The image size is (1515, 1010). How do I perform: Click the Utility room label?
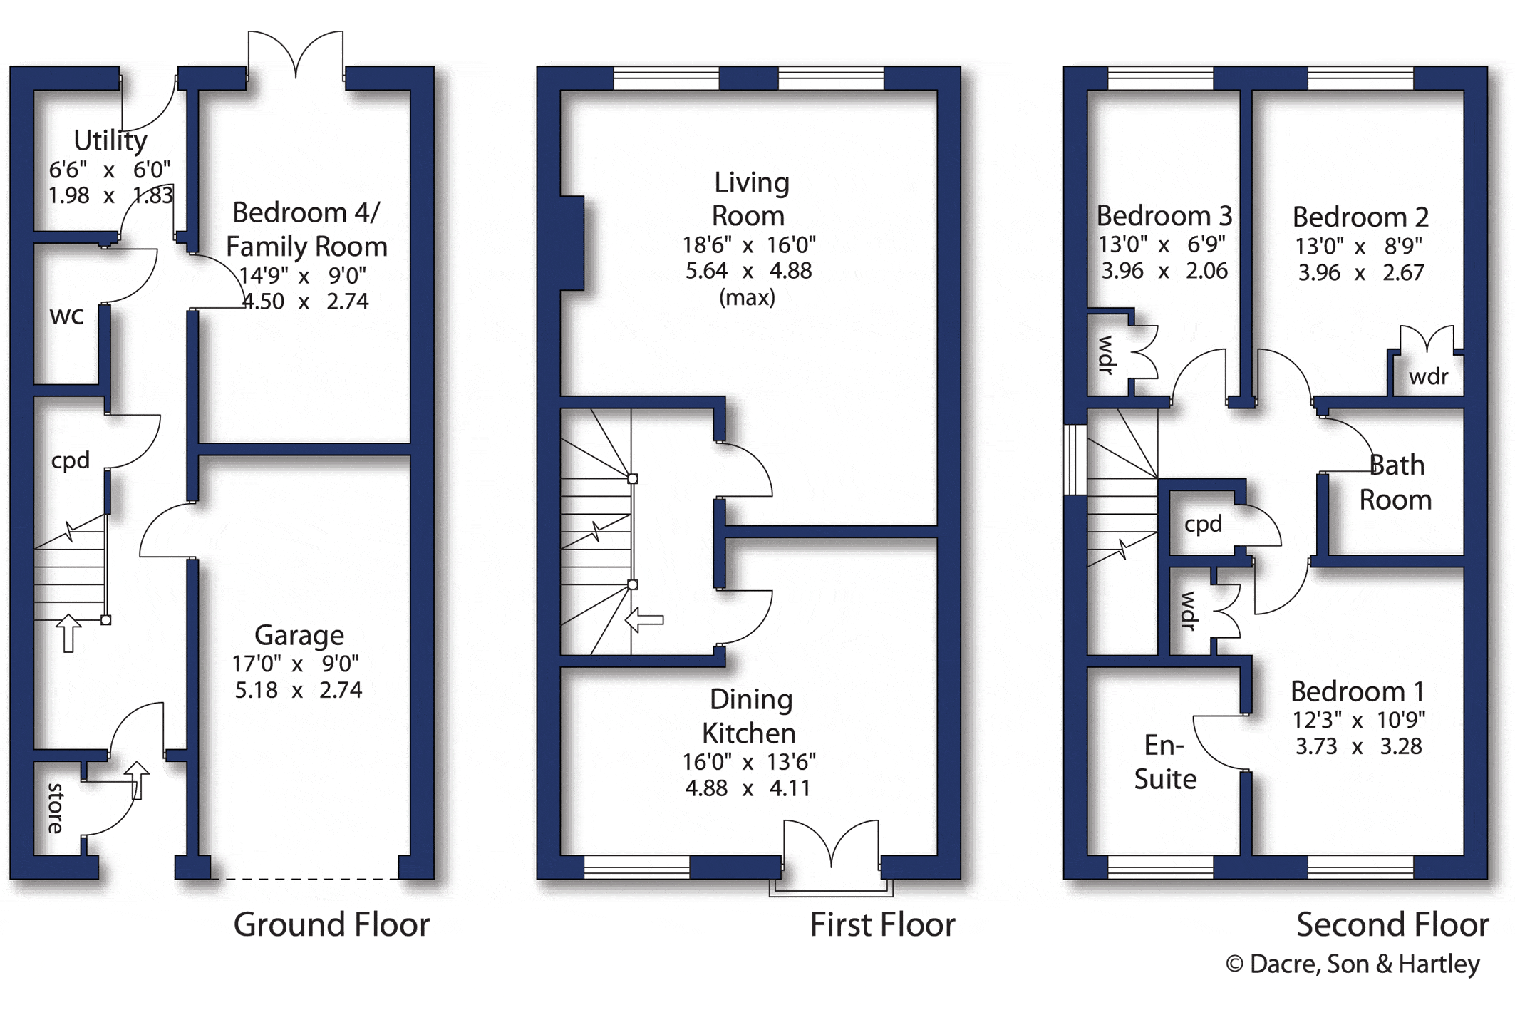pos(110,141)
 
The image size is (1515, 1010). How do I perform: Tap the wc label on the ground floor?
pos(67,316)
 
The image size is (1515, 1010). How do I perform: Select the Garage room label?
pos(299,634)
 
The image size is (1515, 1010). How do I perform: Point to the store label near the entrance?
pos(56,808)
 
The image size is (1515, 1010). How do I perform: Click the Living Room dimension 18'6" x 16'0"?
pos(749,245)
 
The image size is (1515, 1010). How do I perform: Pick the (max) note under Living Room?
pos(747,297)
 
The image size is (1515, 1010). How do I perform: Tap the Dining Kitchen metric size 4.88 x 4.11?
pos(748,788)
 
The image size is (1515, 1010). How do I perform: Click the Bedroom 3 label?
pos(1164,215)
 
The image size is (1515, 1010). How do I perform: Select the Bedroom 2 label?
pos(1360,217)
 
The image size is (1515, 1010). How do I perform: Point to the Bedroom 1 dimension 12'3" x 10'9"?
pos(1359,720)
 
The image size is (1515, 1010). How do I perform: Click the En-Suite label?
pos(1165,762)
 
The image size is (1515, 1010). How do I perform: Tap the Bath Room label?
pos(1395,483)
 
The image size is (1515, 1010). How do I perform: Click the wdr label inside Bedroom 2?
pos(1429,376)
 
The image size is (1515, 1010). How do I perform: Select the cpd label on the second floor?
pos(1203,525)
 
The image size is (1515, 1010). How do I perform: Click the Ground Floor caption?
pos(331,924)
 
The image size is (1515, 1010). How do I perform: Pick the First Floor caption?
pos(882,925)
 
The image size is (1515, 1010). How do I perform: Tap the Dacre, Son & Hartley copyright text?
pos(1353,964)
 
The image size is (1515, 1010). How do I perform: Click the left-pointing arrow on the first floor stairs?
pos(644,620)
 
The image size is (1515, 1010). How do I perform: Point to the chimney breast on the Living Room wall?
pos(572,243)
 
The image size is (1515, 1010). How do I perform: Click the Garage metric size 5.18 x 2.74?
pos(299,690)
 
